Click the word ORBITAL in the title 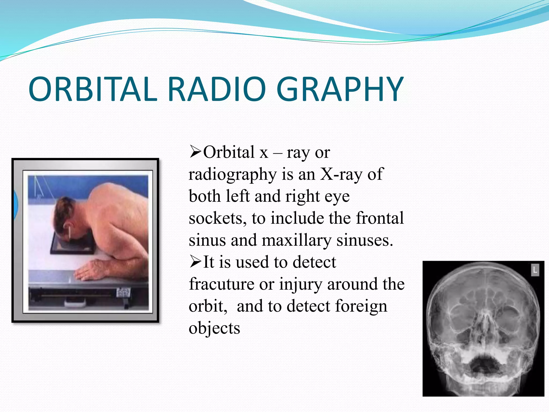[92, 89]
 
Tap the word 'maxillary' [296, 240]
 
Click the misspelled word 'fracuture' [221, 284]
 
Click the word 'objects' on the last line [214, 328]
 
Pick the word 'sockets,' [217, 218]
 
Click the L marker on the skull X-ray [535, 270]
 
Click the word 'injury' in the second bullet [301, 284]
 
